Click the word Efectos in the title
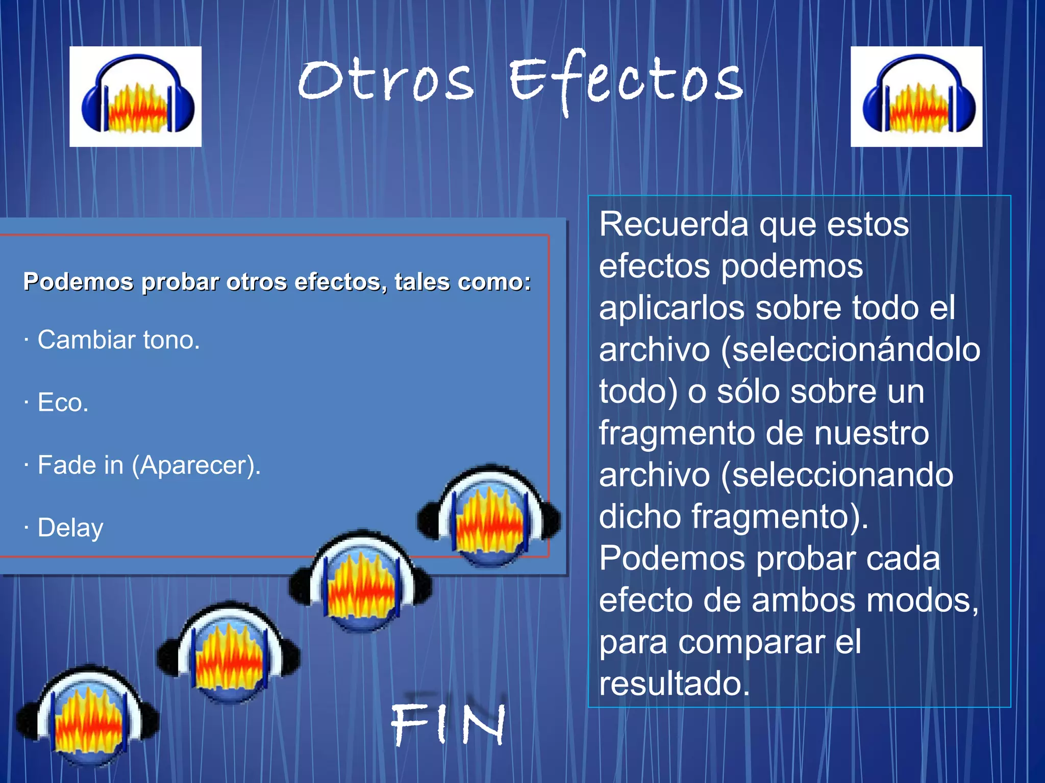(626, 81)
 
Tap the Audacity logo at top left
(136, 97)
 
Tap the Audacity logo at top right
(916, 97)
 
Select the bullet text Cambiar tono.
(118, 340)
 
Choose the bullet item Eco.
(63, 403)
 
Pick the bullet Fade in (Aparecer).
(149, 465)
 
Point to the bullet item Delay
(70, 528)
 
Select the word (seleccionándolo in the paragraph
(851, 350)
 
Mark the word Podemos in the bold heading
(78, 282)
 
